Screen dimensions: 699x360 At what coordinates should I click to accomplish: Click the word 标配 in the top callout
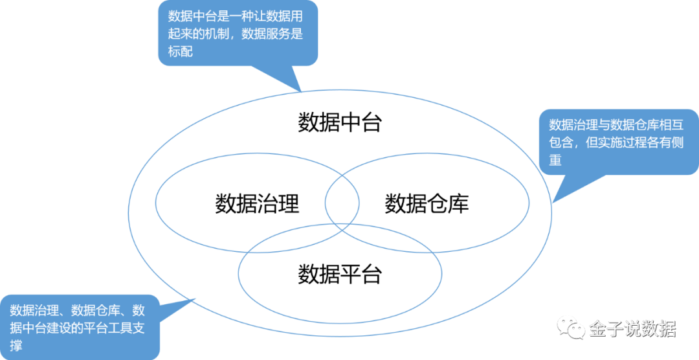click(181, 53)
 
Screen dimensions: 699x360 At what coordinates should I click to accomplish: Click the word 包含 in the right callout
click(561, 142)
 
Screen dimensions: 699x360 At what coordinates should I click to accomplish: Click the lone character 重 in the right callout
click(555, 159)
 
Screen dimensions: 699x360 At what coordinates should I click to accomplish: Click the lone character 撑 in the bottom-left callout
click(16, 346)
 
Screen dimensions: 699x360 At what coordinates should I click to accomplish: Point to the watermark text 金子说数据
click(632, 329)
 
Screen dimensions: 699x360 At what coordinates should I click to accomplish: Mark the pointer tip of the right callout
click(552, 203)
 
